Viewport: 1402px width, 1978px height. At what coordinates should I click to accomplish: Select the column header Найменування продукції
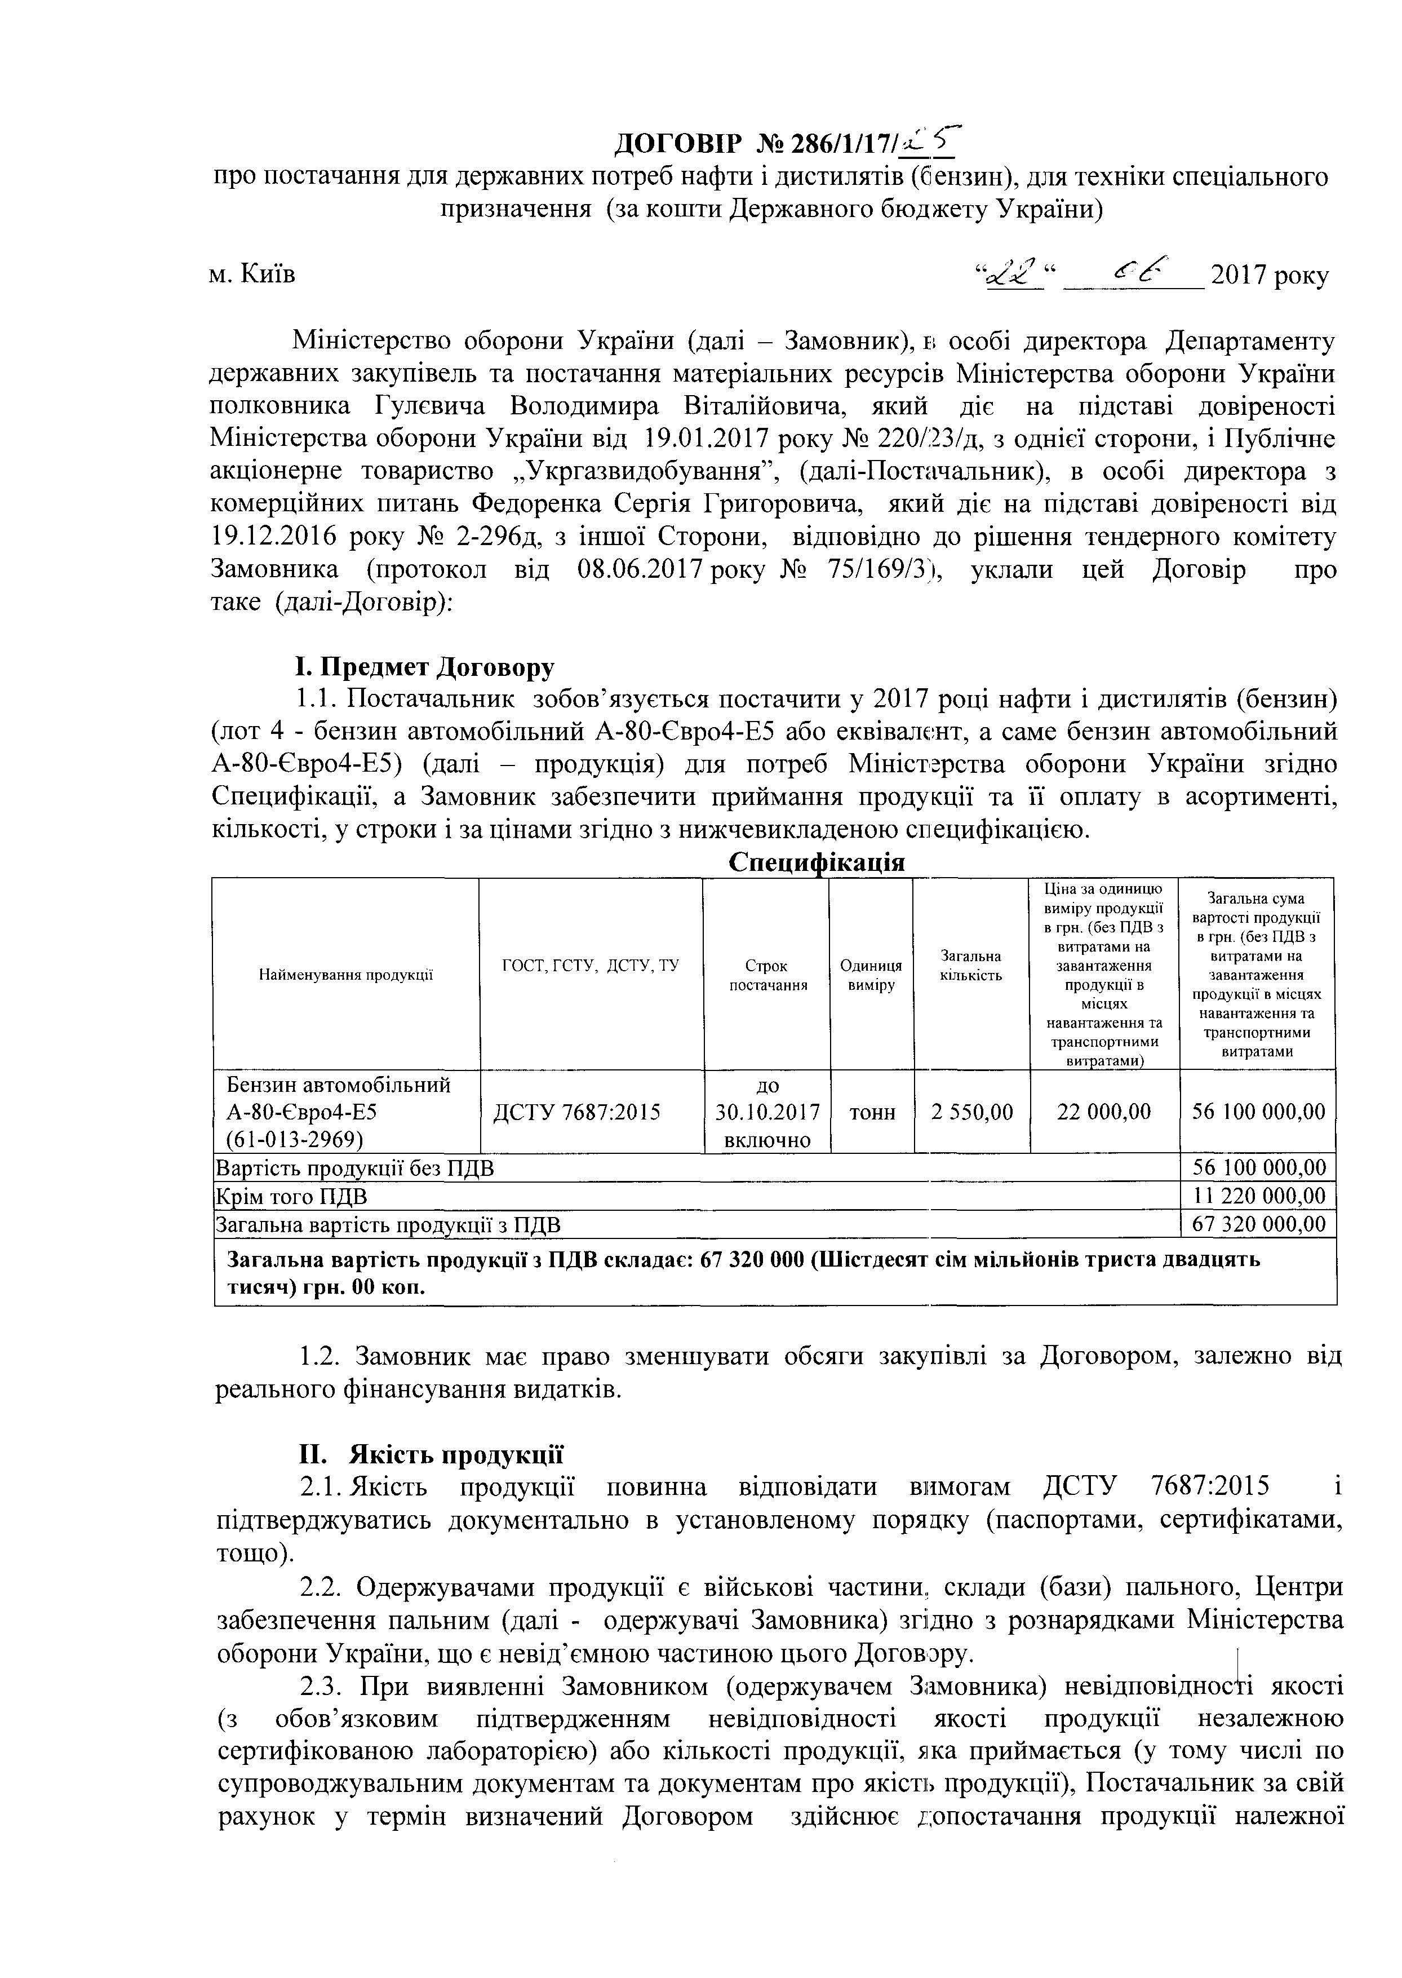(345, 975)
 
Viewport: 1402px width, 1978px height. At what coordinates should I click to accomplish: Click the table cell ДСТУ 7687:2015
(576, 1112)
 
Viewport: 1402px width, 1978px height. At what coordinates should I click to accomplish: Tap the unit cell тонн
(872, 1112)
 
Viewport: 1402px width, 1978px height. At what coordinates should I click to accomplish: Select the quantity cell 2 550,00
(971, 1112)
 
